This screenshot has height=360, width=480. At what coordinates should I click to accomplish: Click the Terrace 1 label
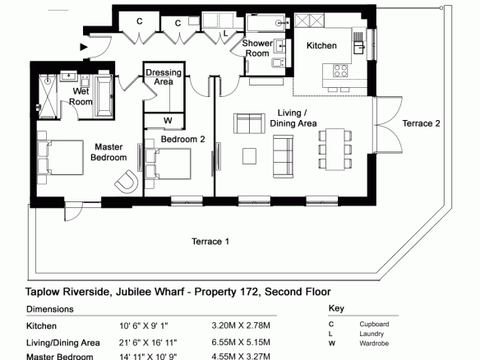pyautogui.click(x=210, y=242)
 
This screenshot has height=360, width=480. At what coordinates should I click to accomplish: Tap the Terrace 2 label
pyautogui.click(x=421, y=123)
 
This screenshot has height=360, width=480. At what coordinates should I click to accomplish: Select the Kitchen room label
pyautogui.click(x=321, y=45)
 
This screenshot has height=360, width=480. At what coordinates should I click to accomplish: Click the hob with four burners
pyautogui.click(x=340, y=71)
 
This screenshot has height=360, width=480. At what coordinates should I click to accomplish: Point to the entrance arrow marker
pyautogui.click(x=84, y=47)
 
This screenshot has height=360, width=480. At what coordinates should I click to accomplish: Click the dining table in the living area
pyautogui.click(x=335, y=150)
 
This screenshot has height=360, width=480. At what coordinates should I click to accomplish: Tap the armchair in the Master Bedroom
pyautogui.click(x=126, y=182)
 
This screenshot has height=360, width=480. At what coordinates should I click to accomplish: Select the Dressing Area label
pyautogui.click(x=164, y=77)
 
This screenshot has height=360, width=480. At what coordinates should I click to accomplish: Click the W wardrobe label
pyautogui.click(x=168, y=120)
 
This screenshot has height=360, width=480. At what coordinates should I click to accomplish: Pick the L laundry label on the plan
pyautogui.click(x=225, y=34)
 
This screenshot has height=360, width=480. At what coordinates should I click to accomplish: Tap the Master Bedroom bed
pyautogui.click(x=60, y=157)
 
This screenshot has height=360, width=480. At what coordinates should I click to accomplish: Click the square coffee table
pyautogui.click(x=250, y=156)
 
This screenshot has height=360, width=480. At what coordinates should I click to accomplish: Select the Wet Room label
pyautogui.click(x=81, y=96)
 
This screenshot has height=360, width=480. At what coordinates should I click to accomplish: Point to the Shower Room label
pyautogui.click(x=257, y=48)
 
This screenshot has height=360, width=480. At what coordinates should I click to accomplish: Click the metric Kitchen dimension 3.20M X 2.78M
pyautogui.click(x=241, y=325)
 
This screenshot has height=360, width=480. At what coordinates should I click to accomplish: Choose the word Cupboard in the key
pyautogui.click(x=374, y=324)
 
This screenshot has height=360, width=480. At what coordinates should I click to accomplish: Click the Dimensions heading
pyautogui.click(x=50, y=309)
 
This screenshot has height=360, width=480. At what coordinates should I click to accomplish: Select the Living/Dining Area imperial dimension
pyautogui.click(x=148, y=343)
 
